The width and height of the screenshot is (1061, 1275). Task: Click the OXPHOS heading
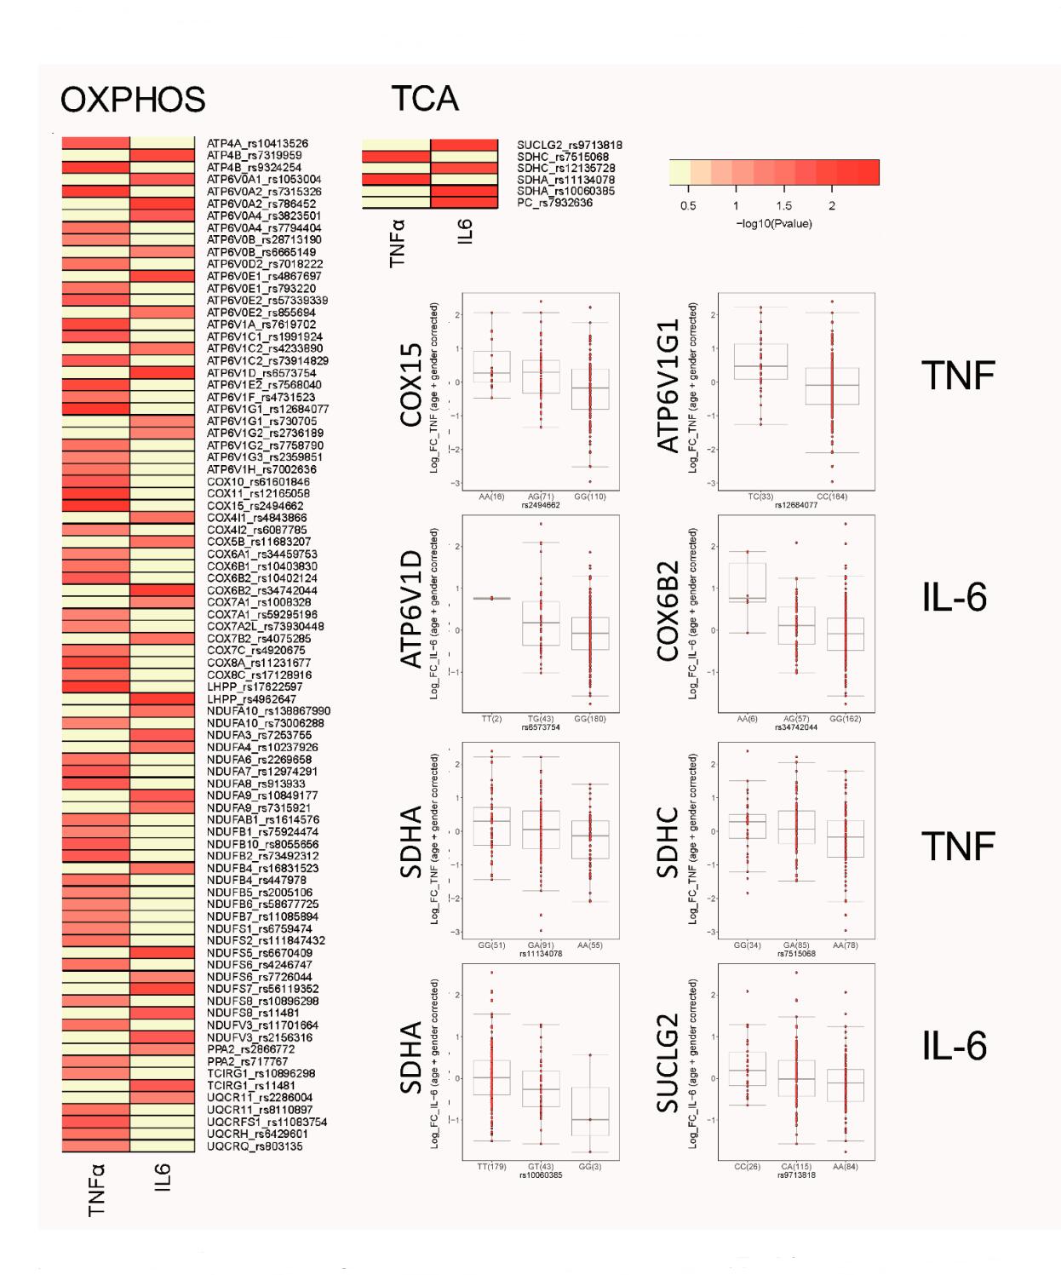pos(133,101)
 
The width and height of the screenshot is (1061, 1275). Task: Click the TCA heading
pos(425,99)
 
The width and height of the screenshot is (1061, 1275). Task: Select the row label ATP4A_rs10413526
pos(257,144)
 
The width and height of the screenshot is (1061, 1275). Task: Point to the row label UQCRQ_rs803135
pos(255,1146)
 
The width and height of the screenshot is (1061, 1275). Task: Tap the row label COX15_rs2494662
pos(255,506)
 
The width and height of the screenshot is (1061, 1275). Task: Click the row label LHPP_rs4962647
pos(251,699)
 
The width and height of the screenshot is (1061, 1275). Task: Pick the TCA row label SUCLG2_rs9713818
pos(569,146)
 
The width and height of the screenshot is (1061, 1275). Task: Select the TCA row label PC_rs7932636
pos(554,203)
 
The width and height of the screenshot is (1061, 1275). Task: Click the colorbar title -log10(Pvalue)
pos(773,224)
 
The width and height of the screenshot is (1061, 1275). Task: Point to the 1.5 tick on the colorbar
pos(783,206)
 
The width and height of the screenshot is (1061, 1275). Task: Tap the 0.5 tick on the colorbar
pos(688,206)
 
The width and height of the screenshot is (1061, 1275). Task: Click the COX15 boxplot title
pos(411,385)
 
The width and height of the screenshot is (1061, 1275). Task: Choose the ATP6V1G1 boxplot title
pos(668,385)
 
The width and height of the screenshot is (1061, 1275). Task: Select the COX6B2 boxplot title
pos(668,610)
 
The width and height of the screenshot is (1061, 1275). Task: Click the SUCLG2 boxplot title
pos(668,1062)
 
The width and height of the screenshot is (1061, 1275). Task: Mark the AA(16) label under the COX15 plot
pos(491,497)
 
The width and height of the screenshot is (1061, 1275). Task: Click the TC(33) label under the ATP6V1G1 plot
pos(760,497)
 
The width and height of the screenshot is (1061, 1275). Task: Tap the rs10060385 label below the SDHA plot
pos(541,1175)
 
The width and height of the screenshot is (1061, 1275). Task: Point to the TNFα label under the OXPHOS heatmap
pos(97,1190)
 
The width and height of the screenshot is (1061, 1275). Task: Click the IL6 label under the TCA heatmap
pos(465,232)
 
